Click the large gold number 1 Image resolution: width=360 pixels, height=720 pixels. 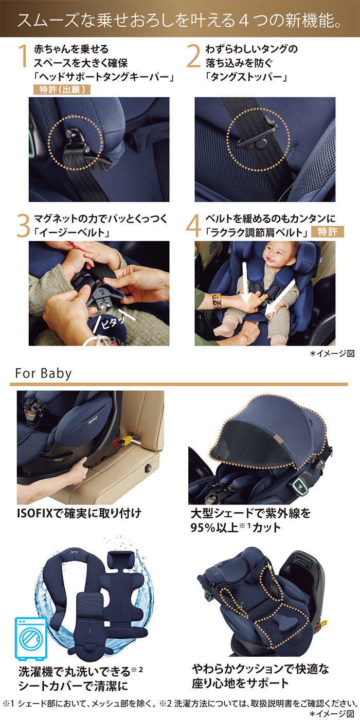[x=23, y=56]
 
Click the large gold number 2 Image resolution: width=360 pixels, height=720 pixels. [x=193, y=56]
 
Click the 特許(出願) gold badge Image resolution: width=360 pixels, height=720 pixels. [x=62, y=89]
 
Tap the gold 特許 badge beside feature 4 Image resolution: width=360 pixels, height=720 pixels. [x=327, y=231]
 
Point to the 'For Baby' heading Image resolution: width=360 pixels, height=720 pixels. [x=43, y=373]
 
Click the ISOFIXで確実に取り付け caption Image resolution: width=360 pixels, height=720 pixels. [x=79, y=513]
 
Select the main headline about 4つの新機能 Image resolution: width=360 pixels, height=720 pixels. [x=179, y=20]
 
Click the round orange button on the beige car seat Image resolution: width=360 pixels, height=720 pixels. [x=149, y=469]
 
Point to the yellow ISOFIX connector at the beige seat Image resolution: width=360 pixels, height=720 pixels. [x=130, y=439]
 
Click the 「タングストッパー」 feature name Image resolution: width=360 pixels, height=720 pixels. [x=246, y=77]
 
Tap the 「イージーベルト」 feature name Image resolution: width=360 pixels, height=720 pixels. [x=72, y=232]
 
